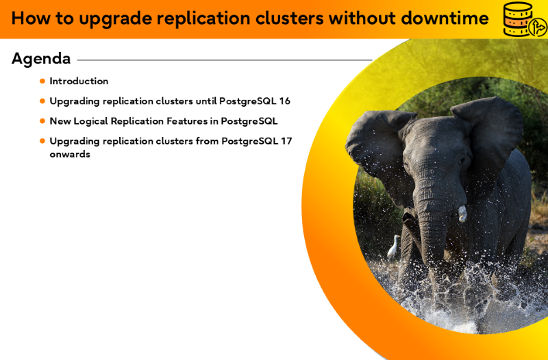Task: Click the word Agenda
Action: click(41, 59)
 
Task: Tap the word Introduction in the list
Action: click(79, 81)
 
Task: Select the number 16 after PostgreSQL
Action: click(284, 101)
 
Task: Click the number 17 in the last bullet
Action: click(286, 141)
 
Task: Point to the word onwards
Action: click(70, 155)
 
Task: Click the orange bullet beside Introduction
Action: click(42, 81)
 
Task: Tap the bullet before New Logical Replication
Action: click(42, 121)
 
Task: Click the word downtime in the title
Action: click(445, 18)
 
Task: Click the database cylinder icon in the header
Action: click(517, 19)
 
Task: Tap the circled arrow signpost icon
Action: click(538, 27)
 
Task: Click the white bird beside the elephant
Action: click(394, 246)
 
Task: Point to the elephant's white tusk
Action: click(462, 214)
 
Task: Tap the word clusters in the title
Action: click(289, 18)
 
